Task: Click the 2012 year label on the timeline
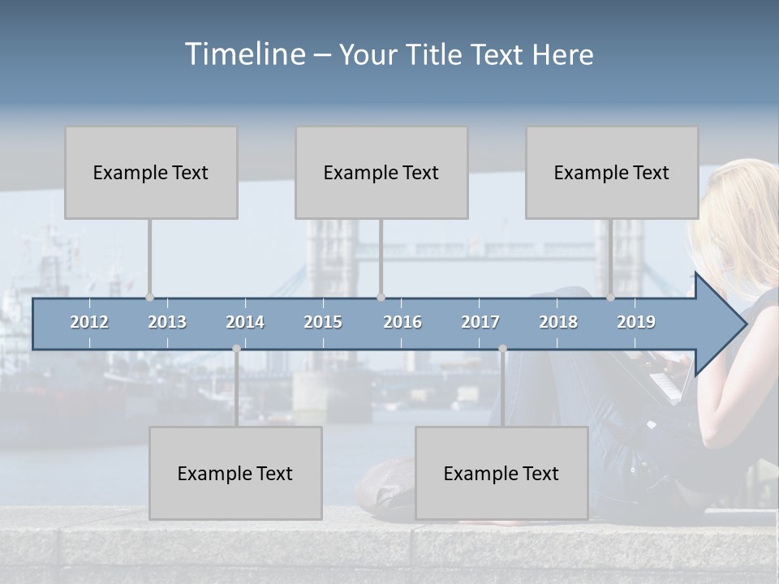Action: pyautogui.click(x=89, y=322)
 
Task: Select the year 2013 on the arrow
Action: pyautogui.click(x=167, y=322)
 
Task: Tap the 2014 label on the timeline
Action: pyautogui.click(x=245, y=322)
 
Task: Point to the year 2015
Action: pyautogui.click(x=323, y=322)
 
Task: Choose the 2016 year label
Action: pyautogui.click(x=402, y=322)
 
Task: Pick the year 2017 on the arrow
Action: pyautogui.click(x=480, y=322)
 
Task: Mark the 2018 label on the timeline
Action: pyautogui.click(x=558, y=322)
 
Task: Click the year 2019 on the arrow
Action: pyautogui.click(x=636, y=322)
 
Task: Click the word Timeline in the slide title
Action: pyautogui.click(x=243, y=54)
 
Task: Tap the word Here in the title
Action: pyautogui.click(x=562, y=55)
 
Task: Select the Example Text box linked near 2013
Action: pyautogui.click(x=151, y=173)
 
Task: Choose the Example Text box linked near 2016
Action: pyautogui.click(x=381, y=173)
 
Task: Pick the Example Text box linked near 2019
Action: pyautogui.click(x=612, y=173)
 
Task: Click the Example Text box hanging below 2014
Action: pyautogui.click(x=235, y=474)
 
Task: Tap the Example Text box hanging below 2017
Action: pyautogui.click(x=501, y=474)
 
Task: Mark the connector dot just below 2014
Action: pyautogui.click(x=236, y=349)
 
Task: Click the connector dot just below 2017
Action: pyautogui.click(x=502, y=349)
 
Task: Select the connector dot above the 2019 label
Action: pyautogui.click(x=611, y=298)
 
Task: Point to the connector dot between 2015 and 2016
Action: pyautogui.click(x=381, y=298)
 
